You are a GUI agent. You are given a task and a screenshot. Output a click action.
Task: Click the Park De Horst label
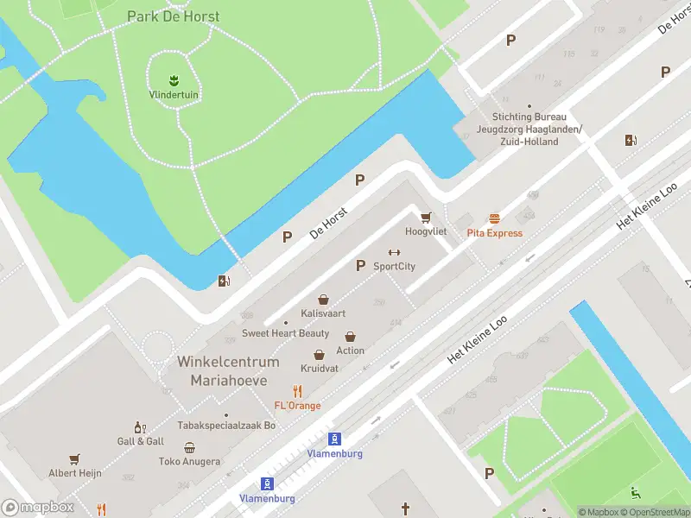pos(173,16)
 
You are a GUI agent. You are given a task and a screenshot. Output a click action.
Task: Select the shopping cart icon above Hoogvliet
pos(425,218)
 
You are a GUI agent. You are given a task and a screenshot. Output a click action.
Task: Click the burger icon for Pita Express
pos(494,218)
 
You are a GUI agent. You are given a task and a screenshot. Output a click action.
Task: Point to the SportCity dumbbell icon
pos(394,252)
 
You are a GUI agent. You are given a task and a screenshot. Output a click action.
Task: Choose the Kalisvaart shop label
pos(323,313)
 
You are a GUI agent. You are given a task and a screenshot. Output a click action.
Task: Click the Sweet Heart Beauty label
pos(285,333)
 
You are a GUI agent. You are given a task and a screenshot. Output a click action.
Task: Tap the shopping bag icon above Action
pos(351,337)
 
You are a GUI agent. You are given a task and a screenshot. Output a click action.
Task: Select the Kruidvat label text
pos(320,368)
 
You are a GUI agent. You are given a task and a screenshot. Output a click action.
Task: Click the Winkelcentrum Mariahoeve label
pos(228,370)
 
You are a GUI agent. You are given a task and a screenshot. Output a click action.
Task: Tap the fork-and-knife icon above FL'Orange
pos(297,391)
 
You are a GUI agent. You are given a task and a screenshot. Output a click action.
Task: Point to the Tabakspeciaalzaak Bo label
pos(226,425)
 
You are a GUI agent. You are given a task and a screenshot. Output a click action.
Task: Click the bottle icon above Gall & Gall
pos(138,427)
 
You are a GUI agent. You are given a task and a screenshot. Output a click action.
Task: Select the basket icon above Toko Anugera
pos(189,447)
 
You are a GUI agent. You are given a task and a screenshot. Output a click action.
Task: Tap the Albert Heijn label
pos(75,473)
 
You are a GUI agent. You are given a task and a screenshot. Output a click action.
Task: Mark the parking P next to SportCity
pos(360,265)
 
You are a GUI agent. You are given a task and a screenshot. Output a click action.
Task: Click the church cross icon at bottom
pos(404,509)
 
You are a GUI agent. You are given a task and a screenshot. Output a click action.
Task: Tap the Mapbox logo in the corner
pos(37,508)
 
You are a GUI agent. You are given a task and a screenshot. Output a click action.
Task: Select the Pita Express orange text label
pos(494,233)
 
